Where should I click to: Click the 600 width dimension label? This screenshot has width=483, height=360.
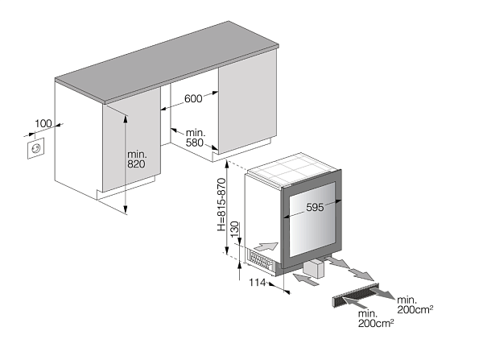193,98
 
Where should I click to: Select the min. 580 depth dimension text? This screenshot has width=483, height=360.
196,138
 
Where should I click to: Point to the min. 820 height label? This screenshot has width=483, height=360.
137,159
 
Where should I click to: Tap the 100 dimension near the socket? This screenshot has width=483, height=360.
43,123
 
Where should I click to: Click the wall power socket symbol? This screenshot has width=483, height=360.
36,148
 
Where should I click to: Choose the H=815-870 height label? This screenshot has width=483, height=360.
221,205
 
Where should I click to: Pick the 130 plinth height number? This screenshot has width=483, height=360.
235,230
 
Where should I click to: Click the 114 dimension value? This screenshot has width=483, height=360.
258,282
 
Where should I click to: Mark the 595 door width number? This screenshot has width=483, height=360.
315,208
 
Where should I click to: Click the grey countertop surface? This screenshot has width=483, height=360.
167,62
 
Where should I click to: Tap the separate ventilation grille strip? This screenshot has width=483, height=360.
355,296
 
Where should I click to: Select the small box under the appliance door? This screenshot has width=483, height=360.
315,268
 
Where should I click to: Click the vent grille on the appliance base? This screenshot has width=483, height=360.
260,261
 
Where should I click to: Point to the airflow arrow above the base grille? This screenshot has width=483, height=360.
266,246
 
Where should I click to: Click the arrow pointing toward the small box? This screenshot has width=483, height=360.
307,279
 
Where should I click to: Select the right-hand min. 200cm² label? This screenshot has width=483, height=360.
415,304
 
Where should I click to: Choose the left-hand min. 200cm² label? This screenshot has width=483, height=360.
376,319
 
